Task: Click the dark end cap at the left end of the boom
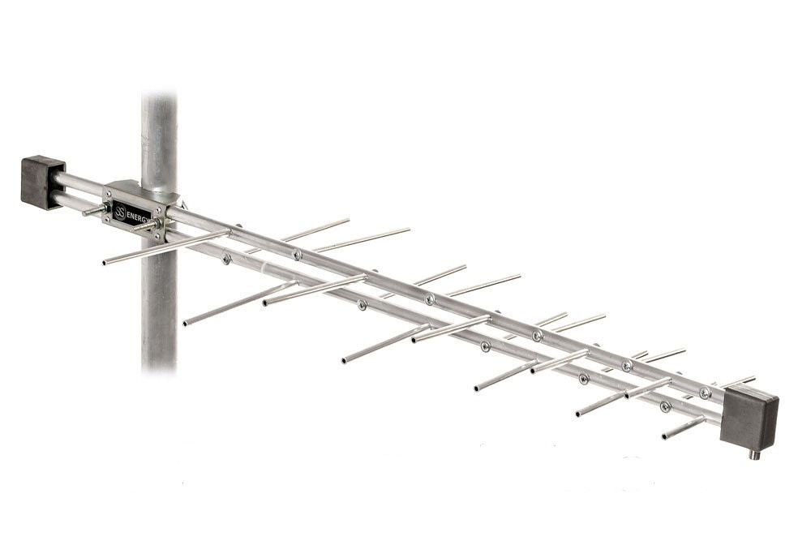click(x=42, y=182)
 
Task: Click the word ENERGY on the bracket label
click(x=139, y=217)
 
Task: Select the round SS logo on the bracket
click(x=120, y=212)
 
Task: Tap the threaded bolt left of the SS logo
click(x=95, y=210)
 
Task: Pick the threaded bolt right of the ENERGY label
click(x=147, y=226)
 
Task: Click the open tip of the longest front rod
click(x=105, y=263)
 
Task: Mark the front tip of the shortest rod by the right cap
click(x=665, y=437)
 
